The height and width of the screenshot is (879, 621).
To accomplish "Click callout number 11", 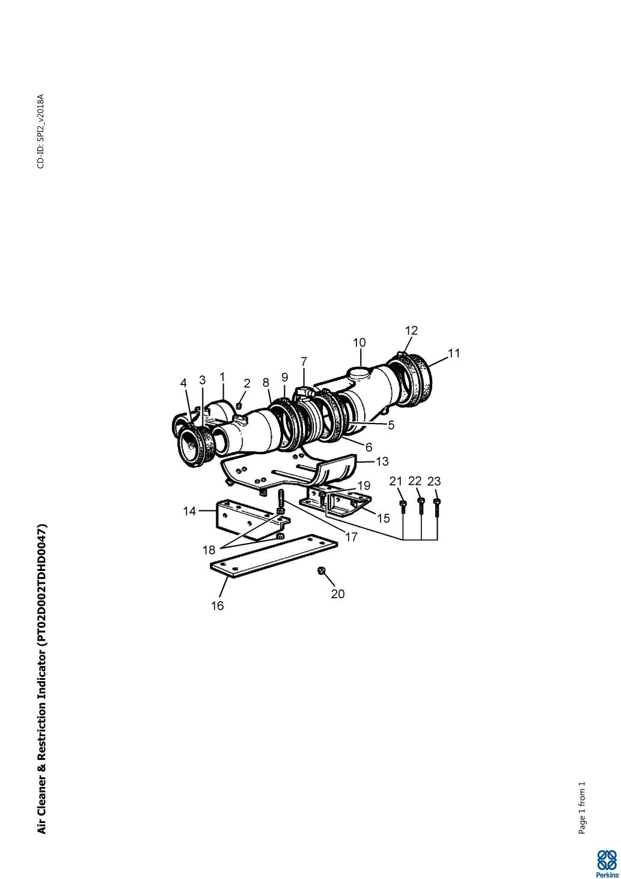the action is [x=454, y=353].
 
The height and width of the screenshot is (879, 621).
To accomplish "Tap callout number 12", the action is [x=411, y=330].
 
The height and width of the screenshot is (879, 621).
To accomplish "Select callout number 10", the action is [x=359, y=342].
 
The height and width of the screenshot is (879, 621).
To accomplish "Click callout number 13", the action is [x=382, y=461].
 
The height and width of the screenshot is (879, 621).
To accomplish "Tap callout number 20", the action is [x=337, y=594].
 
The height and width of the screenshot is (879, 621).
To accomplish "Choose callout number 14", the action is [x=190, y=511].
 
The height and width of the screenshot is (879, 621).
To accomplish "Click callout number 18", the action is [x=209, y=550].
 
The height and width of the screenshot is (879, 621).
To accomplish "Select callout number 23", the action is [x=434, y=481].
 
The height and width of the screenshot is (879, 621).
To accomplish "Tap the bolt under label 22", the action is [x=421, y=506].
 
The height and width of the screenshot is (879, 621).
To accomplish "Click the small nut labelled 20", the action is [x=320, y=571].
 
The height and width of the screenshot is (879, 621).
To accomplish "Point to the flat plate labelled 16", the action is [x=274, y=557].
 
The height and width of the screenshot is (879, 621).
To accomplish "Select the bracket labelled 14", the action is [x=247, y=518].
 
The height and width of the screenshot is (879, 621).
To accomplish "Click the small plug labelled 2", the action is [x=240, y=406].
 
